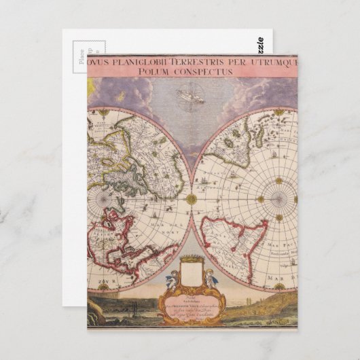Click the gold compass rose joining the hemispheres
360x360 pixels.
(x=192, y=199)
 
